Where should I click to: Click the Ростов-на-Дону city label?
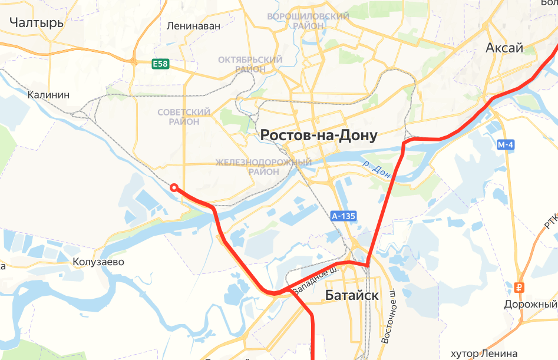click(319, 136)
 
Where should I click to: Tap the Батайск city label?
click(352, 296)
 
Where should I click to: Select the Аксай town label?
click(504, 48)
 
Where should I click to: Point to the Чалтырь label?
click(37, 23)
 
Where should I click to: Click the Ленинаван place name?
click(193, 26)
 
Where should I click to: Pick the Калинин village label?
click(49, 95)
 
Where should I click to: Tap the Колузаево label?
click(98, 262)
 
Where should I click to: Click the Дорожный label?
click(530, 304)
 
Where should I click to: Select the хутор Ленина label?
click(484, 353)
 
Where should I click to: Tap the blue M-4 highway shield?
click(506, 145)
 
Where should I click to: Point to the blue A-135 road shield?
click(344, 216)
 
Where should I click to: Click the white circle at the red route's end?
click(174, 188)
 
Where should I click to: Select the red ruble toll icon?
click(520, 288)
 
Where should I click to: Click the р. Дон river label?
click(377, 170)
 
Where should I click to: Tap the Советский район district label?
click(184, 117)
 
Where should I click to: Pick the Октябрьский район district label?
click(250, 64)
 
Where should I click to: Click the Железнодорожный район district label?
click(263, 167)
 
